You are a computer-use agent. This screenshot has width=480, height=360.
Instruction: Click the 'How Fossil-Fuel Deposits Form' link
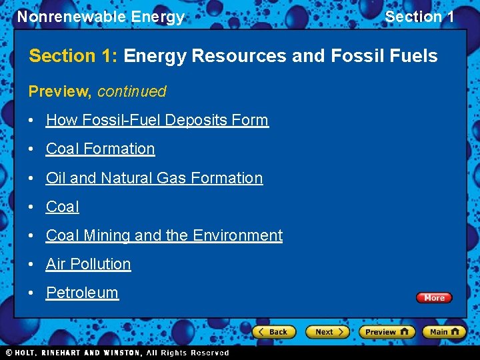pos(157,120)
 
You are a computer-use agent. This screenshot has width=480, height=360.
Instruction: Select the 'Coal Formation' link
pos(100,149)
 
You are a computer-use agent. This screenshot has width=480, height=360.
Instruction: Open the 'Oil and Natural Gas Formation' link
pos(154,178)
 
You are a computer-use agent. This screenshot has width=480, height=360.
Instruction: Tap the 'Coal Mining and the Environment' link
pos(164,235)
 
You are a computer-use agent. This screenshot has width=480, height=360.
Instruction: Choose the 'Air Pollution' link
pos(88,264)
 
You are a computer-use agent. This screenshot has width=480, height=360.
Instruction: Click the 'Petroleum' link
pos(82,293)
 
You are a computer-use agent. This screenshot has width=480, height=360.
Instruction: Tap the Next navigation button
pos(327,331)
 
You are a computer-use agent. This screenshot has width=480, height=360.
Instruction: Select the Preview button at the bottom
pos(387,331)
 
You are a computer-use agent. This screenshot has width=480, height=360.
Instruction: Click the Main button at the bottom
pos(445,331)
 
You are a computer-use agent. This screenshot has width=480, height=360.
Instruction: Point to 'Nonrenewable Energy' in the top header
pos(101,17)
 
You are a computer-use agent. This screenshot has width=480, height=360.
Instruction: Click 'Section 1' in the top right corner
pos(419,17)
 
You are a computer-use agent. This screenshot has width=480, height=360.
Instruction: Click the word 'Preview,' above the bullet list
pos(60,91)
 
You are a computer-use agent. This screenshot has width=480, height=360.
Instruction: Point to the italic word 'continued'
pos(132,91)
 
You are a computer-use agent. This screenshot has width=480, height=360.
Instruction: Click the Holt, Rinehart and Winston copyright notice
pos(117,353)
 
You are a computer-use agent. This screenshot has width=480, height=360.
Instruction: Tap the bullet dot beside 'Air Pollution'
pos(32,265)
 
